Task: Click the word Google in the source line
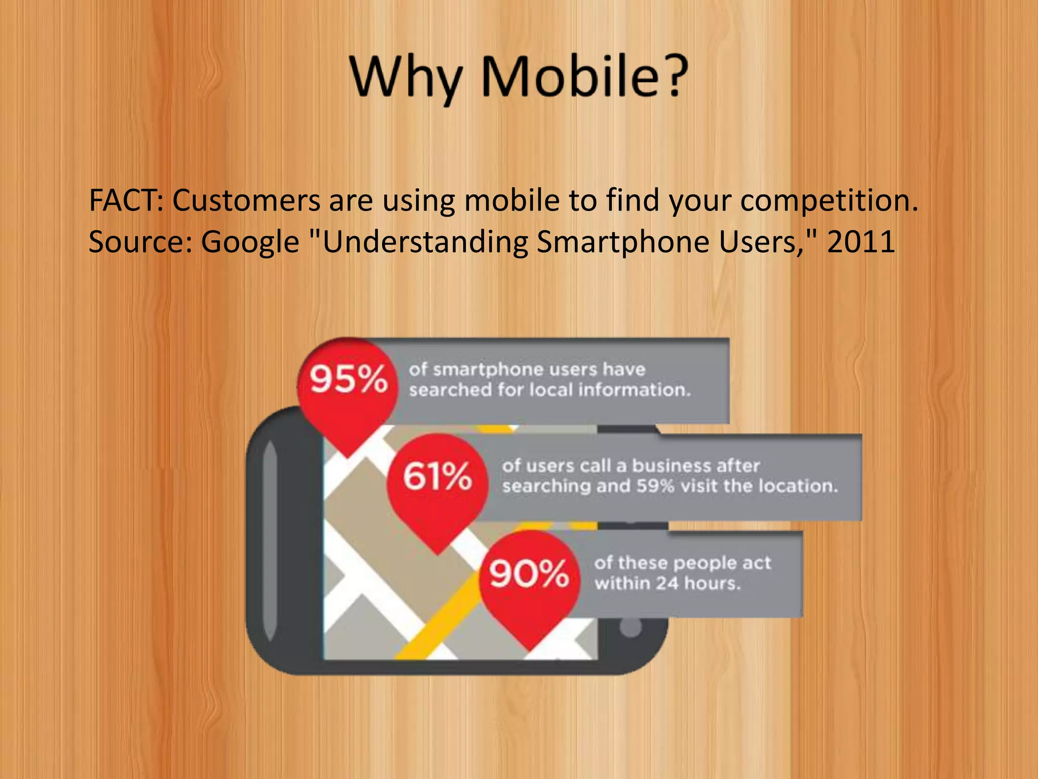tap(250, 241)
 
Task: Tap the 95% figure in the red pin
tap(349, 379)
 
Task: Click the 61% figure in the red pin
tap(437, 476)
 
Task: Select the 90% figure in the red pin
tap(529, 574)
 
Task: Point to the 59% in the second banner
tap(655, 486)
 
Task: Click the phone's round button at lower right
tap(631, 627)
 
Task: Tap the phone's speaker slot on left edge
tap(270, 540)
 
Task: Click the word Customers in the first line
tap(246, 200)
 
